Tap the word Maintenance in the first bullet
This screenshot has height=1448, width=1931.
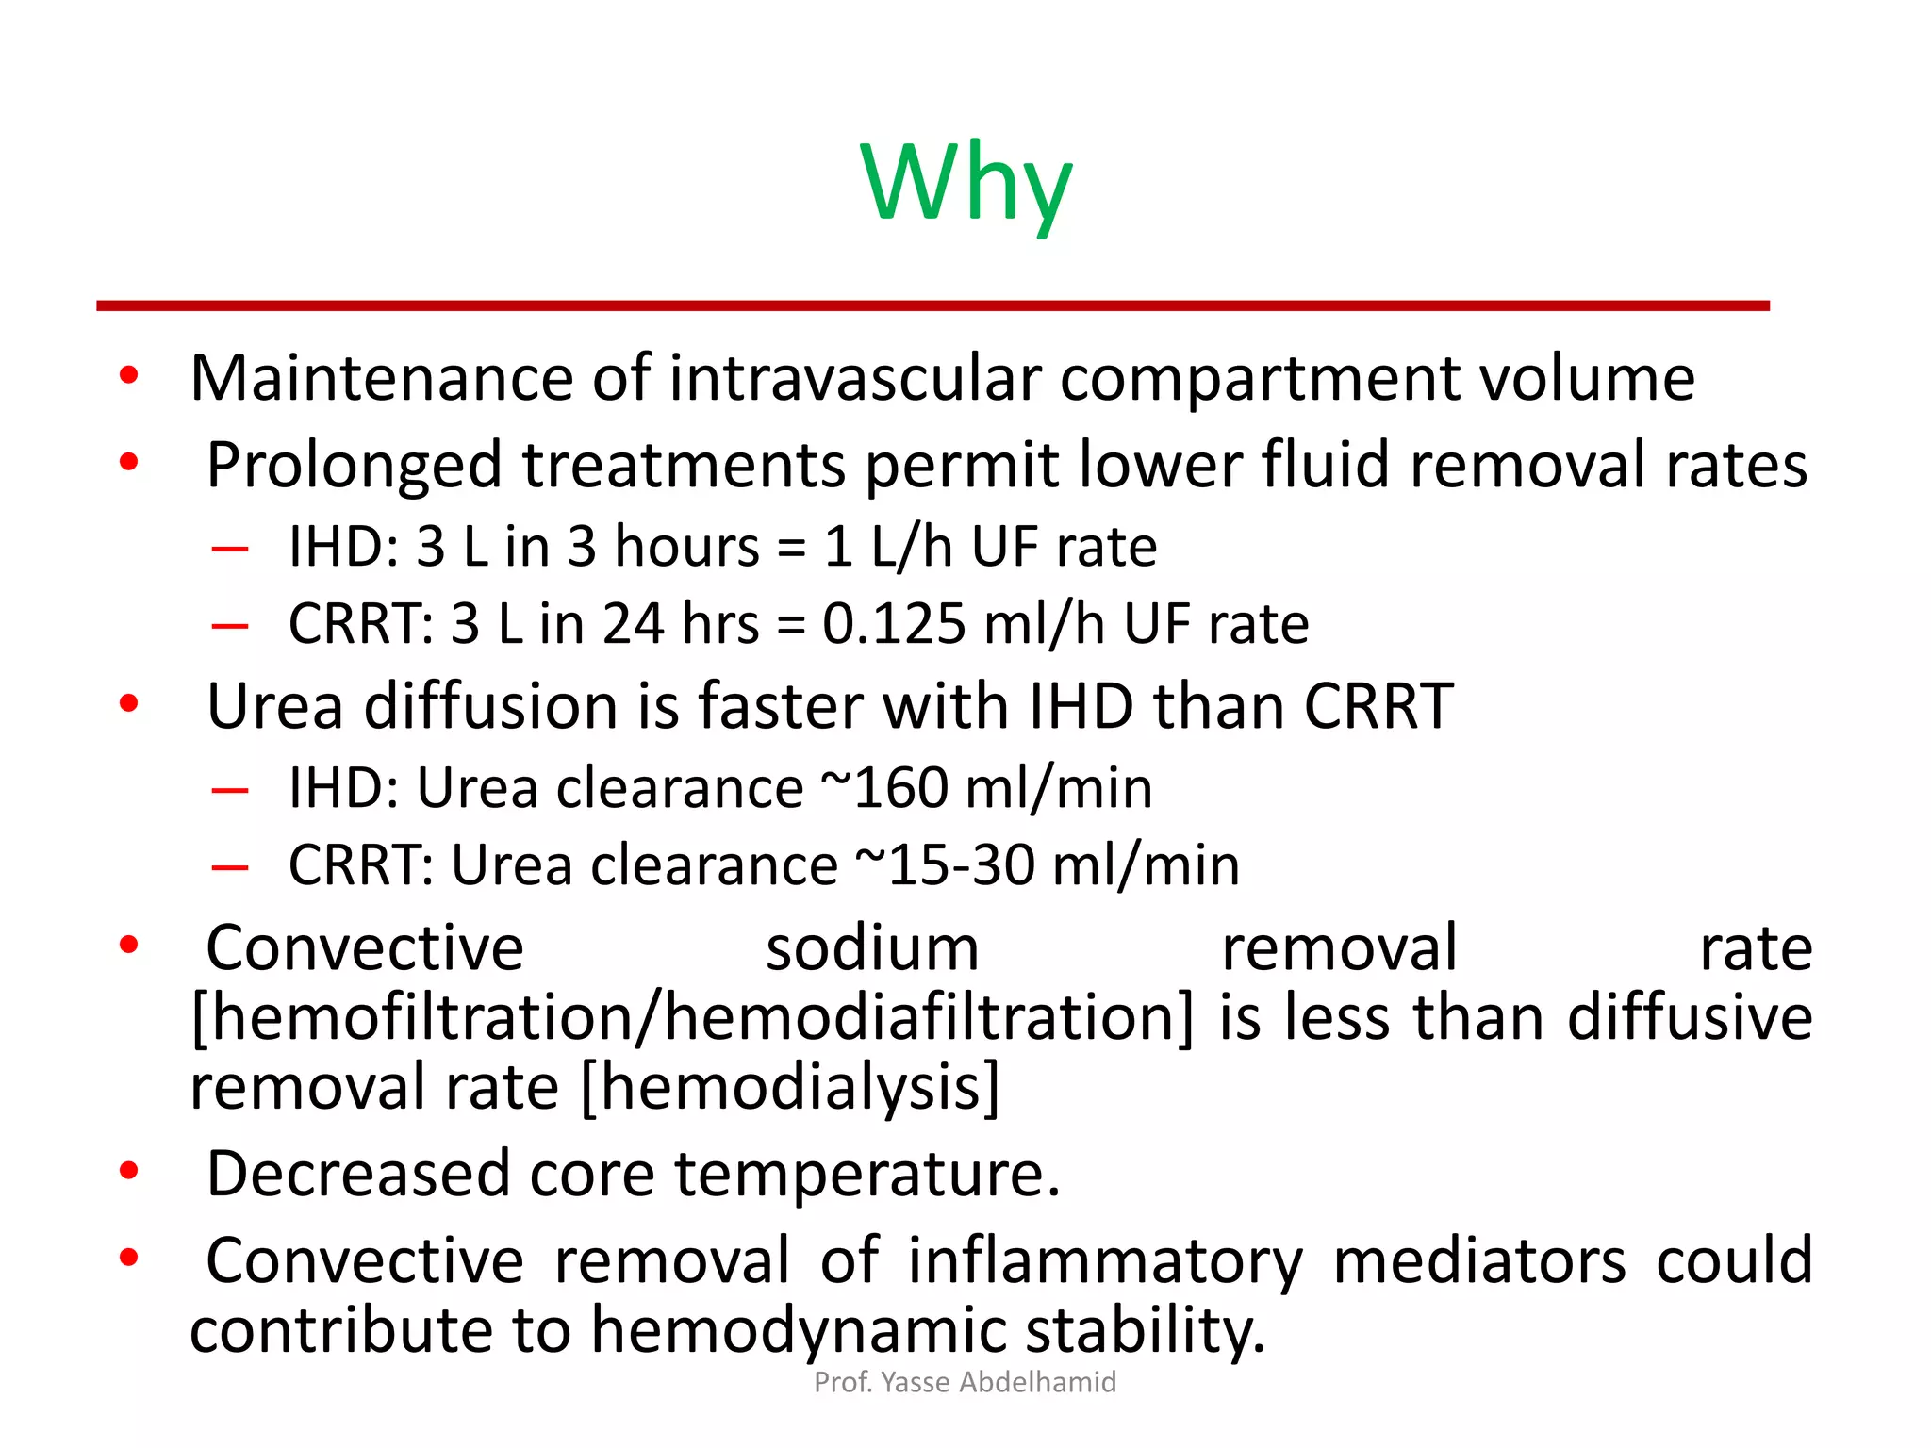[x=381, y=378]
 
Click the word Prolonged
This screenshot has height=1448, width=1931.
[x=354, y=466]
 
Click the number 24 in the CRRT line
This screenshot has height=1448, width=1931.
[x=633, y=624]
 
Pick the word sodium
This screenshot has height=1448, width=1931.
[x=872, y=948]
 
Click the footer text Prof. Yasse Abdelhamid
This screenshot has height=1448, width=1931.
[x=965, y=1382]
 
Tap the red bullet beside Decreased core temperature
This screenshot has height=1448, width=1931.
[x=129, y=1171]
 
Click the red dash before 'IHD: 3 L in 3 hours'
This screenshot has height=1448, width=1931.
[x=230, y=548]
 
